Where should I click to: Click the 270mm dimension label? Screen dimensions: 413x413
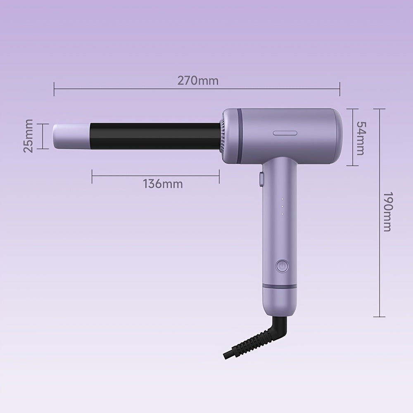point(198,80)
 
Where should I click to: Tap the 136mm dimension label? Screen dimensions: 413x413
point(163,183)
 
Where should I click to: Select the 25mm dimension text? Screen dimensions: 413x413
point(28,136)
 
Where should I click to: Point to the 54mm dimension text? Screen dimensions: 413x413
point(360,138)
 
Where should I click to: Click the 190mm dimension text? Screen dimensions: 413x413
point(387,211)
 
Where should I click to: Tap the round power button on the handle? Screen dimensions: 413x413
point(282,266)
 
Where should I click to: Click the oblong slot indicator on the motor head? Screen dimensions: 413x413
point(285,133)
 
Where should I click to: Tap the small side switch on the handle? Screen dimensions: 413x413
point(261,178)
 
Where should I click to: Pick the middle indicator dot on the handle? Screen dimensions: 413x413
point(281,206)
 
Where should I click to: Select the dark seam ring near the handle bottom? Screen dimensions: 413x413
point(280,286)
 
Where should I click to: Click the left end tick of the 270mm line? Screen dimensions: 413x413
point(54,88)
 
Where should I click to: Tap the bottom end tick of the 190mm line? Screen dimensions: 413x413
point(379,317)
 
